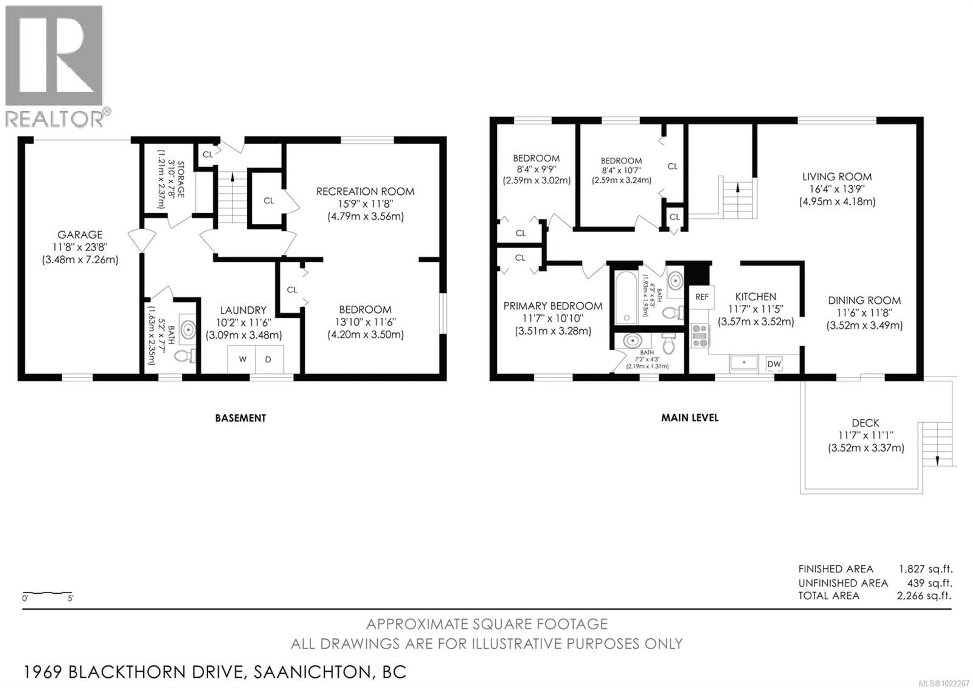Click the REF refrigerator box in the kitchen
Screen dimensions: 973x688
[x=702, y=297]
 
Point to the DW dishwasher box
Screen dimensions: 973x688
[x=774, y=364]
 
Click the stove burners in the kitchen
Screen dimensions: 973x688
[x=700, y=336]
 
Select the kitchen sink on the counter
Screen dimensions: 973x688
[x=744, y=363]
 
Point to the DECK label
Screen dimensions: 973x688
[x=865, y=423]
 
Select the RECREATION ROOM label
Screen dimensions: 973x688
[x=365, y=192]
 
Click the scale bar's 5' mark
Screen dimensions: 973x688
[x=70, y=598]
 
